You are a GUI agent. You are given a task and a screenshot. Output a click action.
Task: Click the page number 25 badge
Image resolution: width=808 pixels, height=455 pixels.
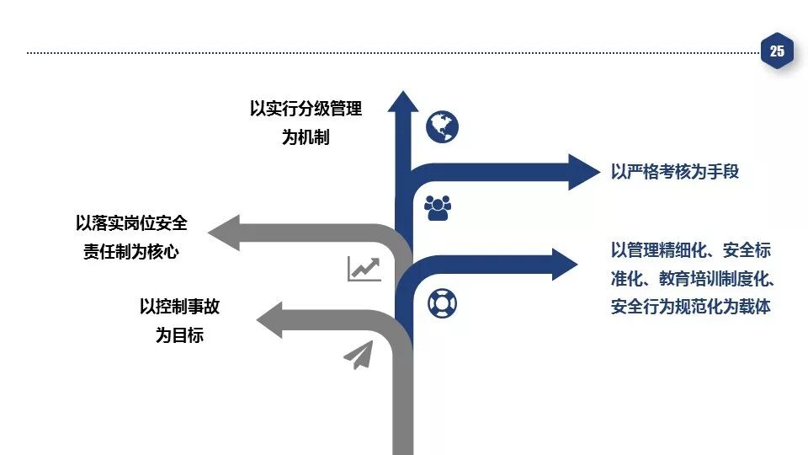776,52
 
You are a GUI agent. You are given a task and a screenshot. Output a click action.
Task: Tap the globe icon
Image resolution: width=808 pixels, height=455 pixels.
442,127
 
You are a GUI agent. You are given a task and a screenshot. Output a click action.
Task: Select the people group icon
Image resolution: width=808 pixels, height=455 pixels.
438,207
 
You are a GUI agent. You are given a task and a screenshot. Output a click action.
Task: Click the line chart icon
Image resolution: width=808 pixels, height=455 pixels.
364,269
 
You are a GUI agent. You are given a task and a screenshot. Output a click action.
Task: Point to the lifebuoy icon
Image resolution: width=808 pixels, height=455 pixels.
442,302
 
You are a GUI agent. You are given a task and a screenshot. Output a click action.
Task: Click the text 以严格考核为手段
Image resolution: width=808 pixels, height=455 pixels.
675,172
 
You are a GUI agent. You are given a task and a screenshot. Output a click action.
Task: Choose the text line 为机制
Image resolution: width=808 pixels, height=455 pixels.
306,137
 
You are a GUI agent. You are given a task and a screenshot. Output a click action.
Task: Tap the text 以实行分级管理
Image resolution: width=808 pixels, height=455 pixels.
306,109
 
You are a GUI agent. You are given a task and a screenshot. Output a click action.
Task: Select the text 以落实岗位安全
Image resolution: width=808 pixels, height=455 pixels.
131,223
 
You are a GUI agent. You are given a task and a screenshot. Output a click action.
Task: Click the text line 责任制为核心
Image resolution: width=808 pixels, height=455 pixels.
131,252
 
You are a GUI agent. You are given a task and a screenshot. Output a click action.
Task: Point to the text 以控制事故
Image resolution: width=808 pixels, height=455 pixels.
179,307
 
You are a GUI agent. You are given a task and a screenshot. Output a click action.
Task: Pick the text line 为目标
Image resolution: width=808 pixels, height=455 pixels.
179,335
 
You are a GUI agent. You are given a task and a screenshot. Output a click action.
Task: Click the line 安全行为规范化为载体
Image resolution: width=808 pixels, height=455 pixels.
691,307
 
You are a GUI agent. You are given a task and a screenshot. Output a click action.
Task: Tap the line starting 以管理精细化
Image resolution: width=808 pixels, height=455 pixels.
691,249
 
